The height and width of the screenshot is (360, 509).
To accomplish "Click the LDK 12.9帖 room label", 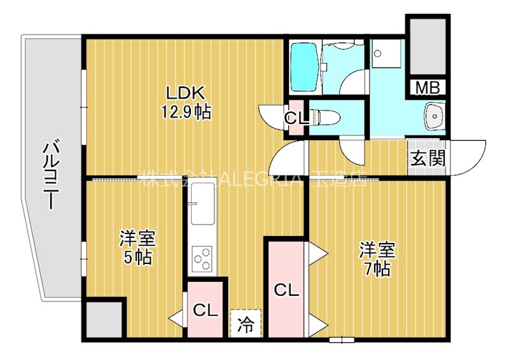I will [x=185, y=102].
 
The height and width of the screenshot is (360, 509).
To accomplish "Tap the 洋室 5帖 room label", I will [x=137, y=249].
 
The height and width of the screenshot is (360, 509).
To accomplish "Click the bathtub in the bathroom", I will [x=305, y=67].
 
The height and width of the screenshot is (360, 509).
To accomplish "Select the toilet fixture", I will [x=328, y=117].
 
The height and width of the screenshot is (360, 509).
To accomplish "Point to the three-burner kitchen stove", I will [x=203, y=258].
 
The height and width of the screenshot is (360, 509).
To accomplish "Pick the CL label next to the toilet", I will [x=296, y=118].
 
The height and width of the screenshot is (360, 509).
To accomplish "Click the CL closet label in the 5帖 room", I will [x=206, y=310].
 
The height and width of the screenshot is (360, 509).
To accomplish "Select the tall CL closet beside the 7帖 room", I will [x=286, y=290].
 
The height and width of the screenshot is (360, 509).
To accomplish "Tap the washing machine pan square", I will [x=386, y=53].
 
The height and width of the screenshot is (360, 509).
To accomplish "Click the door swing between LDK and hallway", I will [x=289, y=159].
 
